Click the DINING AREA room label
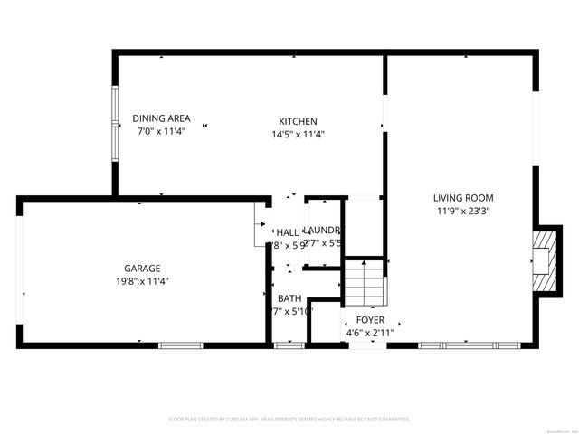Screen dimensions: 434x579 coord(161,118)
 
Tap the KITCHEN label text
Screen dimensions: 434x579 coord(298,121)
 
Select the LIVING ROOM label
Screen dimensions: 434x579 coord(462,197)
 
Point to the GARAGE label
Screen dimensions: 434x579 coord(142,268)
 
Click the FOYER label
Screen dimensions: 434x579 coord(370,320)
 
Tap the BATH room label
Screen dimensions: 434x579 coord(289,298)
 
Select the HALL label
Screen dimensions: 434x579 coord(287,231)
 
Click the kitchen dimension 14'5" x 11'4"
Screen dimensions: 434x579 coord(298,134)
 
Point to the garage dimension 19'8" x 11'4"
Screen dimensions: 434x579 coord(142,281)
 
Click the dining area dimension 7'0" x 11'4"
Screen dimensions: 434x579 coord(161,131)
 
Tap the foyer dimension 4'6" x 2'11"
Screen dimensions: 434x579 coord(370,333)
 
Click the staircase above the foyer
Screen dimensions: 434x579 coord(365,283)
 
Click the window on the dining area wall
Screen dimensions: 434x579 coord(114,123)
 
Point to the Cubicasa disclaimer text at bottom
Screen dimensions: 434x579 coord(289,419)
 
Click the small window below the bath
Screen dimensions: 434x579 coord(289,344)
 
